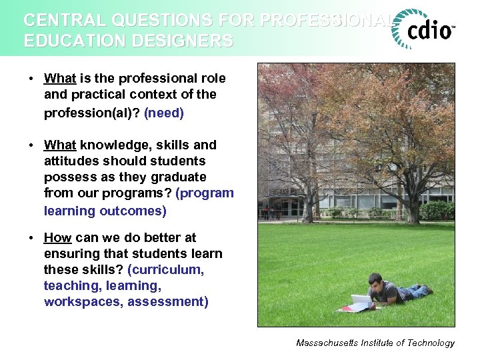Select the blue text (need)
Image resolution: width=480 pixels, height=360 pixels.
pyautogui.click(x=164, y=113)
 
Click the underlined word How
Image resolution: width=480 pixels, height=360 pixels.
pyautogui.click(x=58, y=237)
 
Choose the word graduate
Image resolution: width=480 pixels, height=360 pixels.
pyautogui.click(x=181, y=177)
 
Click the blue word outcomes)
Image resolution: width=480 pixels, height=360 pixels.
pyautogui.click(x=133, y=211)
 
